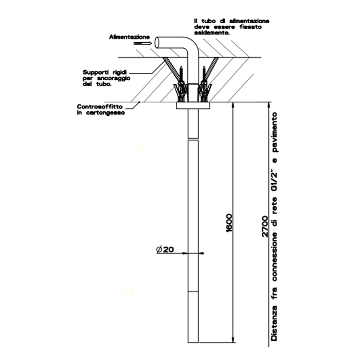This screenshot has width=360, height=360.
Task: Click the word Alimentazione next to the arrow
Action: [129, 37]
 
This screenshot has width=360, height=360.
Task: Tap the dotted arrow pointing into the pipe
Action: [142, 44]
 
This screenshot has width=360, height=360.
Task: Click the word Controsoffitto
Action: [99, 106]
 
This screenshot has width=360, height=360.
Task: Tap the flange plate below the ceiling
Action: [193, 106]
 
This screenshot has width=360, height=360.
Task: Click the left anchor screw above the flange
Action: [181, 82]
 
